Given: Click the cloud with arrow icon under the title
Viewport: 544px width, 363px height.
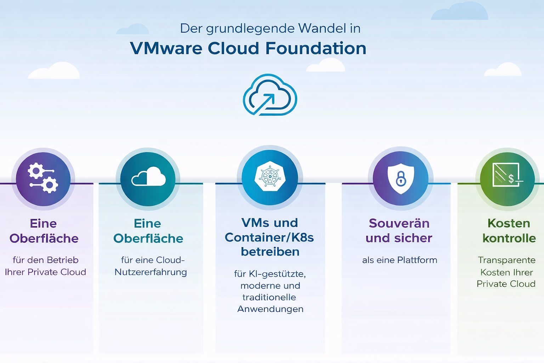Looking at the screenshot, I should tap(270, 95).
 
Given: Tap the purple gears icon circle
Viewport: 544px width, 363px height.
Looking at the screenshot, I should tap(43, 179).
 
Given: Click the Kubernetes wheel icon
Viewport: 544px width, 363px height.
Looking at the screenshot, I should tap(270, 176).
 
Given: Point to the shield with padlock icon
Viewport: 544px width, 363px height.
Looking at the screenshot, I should tap(401, 178).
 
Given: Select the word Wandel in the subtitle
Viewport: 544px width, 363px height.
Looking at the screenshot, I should tap(322, 28).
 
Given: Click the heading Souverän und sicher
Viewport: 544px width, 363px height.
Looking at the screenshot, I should tap(399, 230).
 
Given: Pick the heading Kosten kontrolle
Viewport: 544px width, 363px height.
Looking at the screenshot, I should tap(509, 230).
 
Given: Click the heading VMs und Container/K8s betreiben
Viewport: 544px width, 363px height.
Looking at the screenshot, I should tap(270, 237).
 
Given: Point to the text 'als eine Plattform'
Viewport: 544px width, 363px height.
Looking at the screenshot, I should tap(399, 260).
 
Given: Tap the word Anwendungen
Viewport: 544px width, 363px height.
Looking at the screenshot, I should tap(270, 309).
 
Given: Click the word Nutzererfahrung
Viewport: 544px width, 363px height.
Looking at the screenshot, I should tap(151, 272).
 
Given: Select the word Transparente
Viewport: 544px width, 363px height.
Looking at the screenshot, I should tap(506, 260).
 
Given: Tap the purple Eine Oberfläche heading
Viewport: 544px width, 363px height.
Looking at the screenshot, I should tap(44, 231).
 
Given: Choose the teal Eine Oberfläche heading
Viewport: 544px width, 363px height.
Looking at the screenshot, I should tap(148, 231).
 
